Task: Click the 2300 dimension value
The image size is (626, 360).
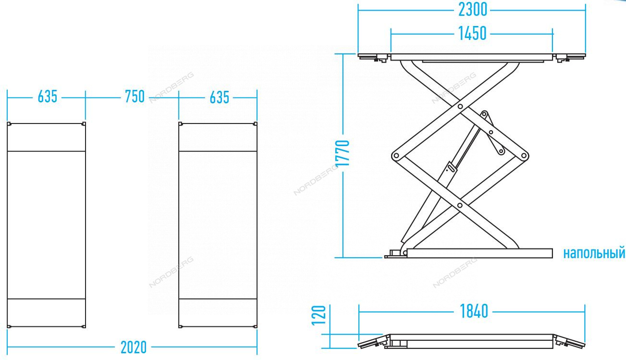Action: [473, 10]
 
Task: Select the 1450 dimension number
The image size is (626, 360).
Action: [472, 34]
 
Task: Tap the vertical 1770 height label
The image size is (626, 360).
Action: [343, 153]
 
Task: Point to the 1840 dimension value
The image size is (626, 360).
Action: [474, 311]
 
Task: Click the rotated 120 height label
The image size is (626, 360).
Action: [319, 315]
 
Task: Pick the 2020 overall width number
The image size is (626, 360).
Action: [134, 348]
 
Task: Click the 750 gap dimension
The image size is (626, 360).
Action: [135, 97]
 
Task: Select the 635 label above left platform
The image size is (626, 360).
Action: [48, 97]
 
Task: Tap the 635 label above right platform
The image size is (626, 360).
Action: [220, 98]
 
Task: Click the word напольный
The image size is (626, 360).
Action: [594, 253]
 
